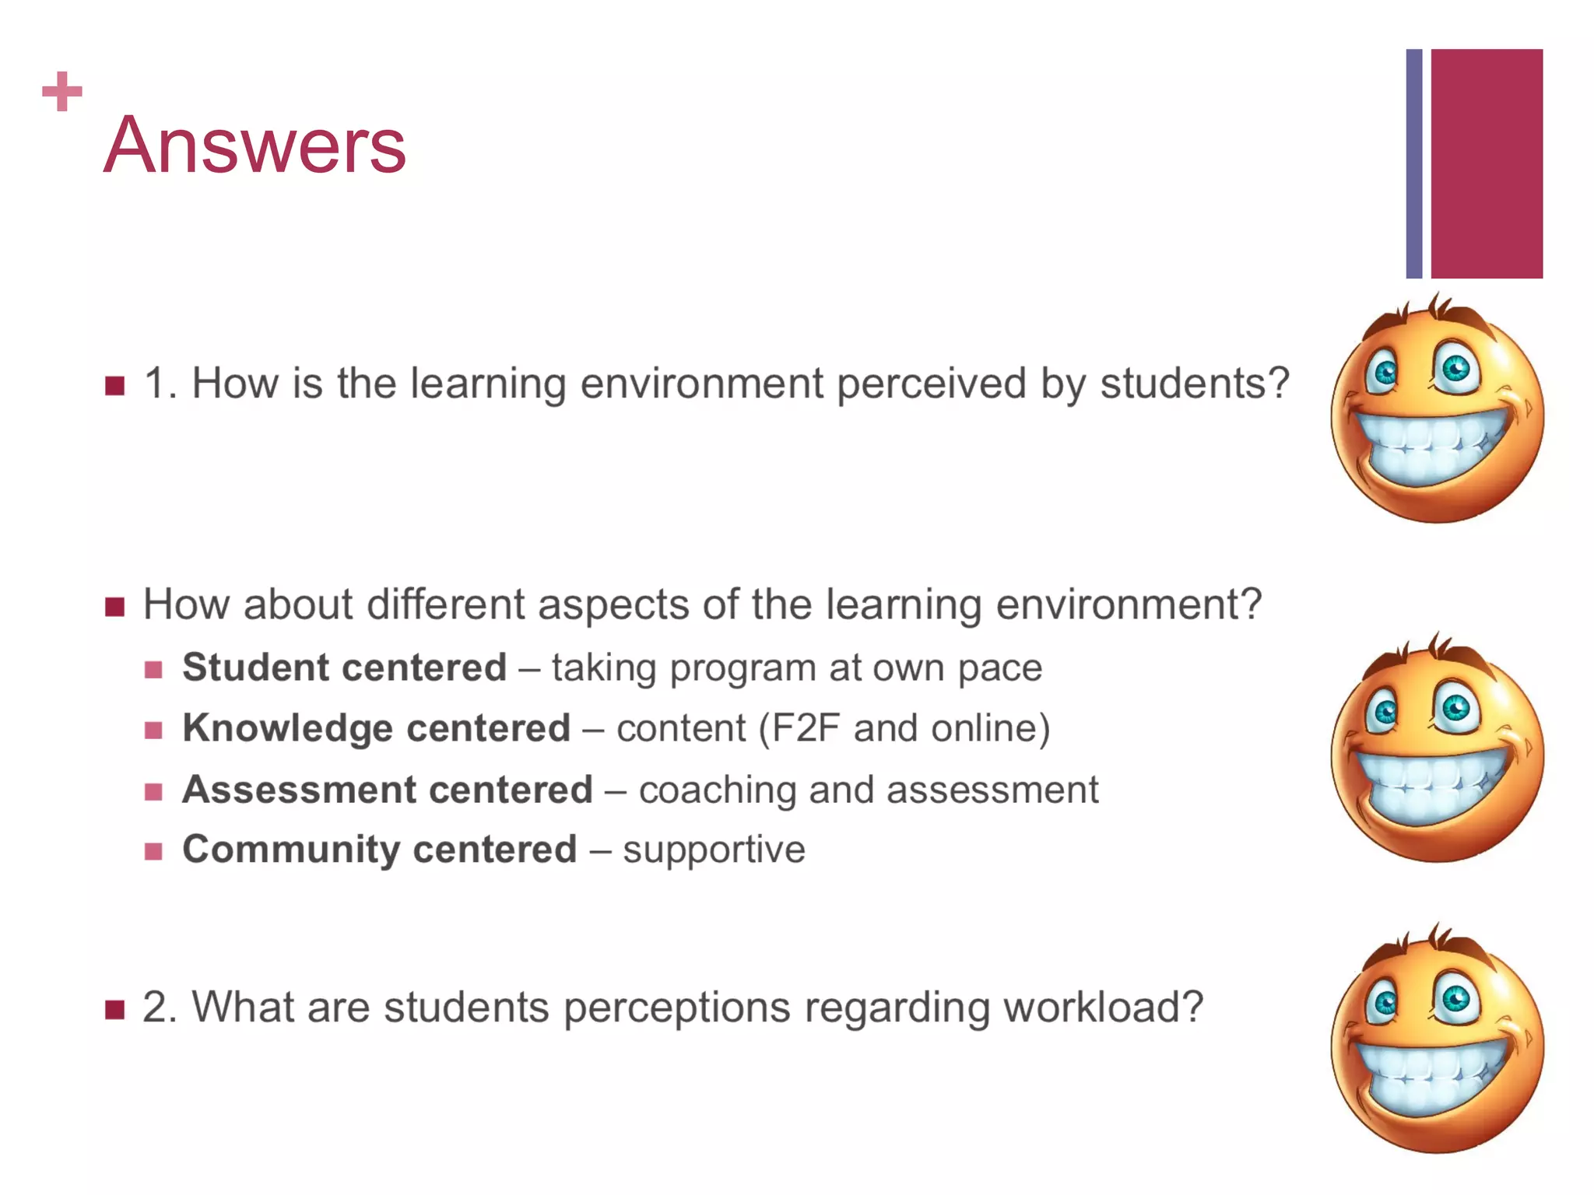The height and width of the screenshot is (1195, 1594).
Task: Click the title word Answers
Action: (255, 145)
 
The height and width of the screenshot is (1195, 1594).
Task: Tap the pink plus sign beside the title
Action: (61, 92)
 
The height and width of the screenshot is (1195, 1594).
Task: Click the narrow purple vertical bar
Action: (1413, 163)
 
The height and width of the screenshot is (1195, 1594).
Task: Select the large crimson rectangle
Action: (1487, 163)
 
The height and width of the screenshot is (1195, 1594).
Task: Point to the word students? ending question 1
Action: (1194, 384)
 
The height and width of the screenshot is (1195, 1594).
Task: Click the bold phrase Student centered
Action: (344, 668)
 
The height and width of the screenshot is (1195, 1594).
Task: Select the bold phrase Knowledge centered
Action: (377, 728)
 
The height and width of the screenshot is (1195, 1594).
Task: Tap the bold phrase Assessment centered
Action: (388, 790)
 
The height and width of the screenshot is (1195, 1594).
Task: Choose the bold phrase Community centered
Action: (380, 849)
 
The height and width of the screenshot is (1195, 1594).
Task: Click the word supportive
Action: (714, 849)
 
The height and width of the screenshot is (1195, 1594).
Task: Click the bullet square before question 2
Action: (115, 1010)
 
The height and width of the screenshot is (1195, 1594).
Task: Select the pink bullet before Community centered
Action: (153, 851)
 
